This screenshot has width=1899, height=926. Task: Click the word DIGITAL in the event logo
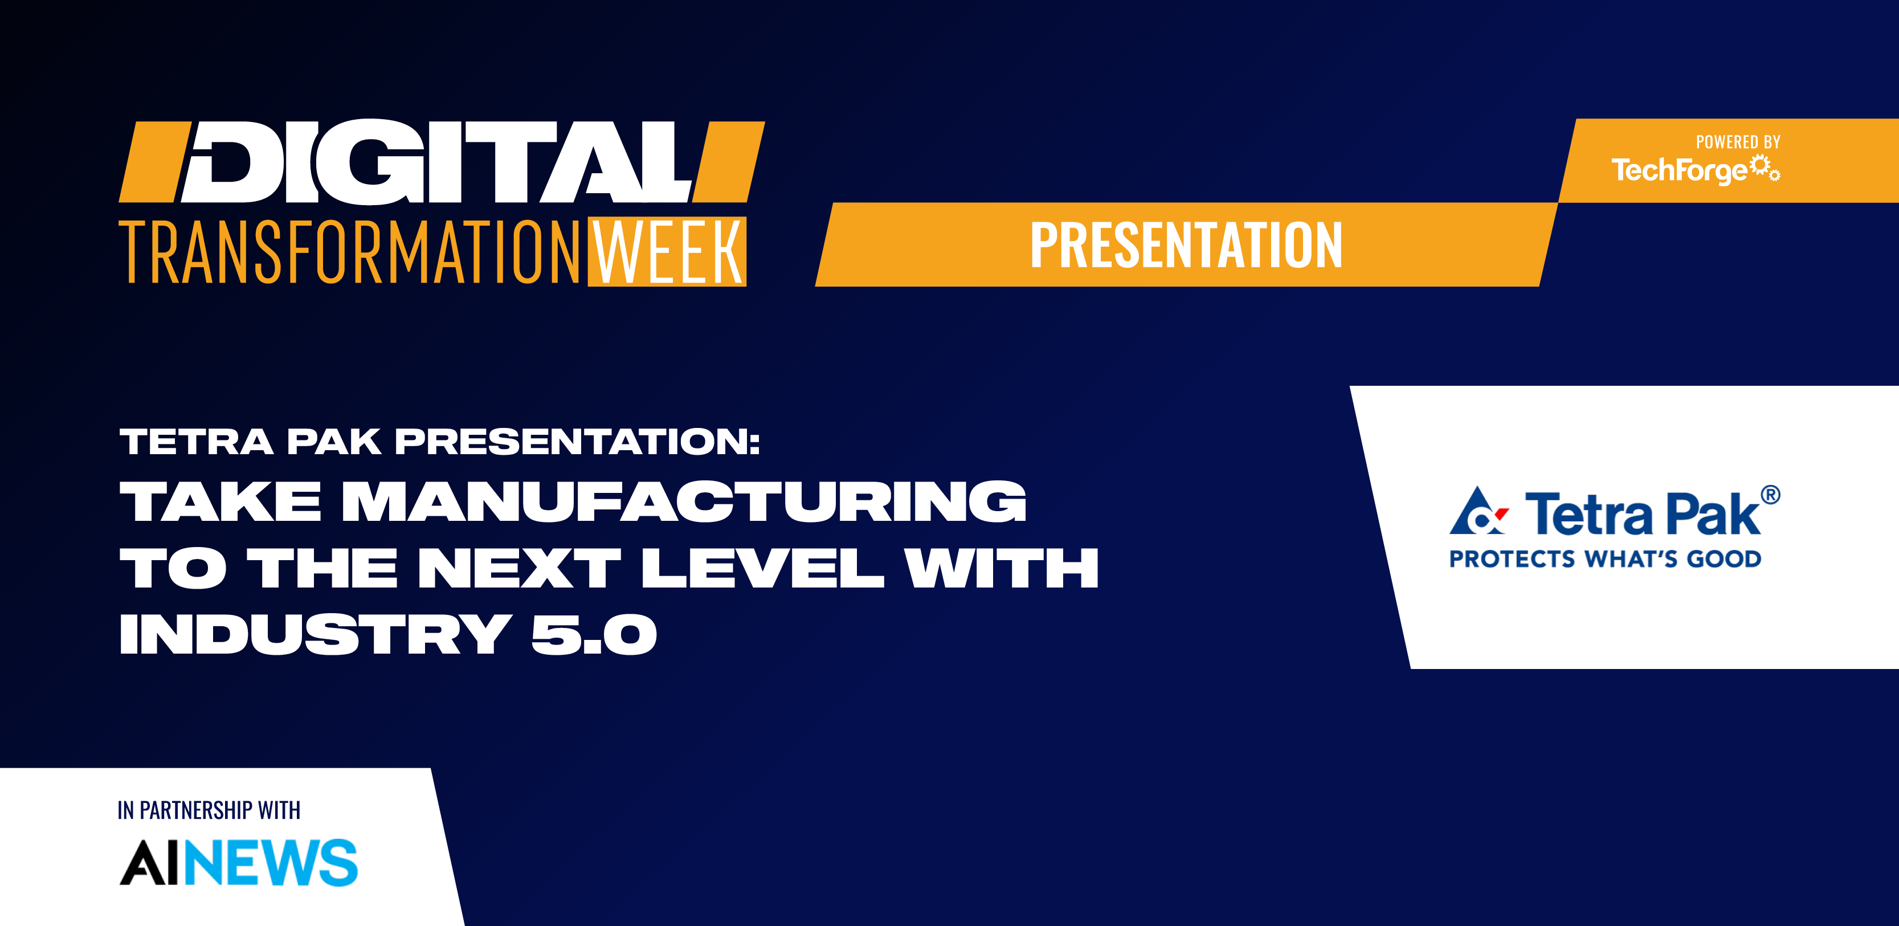coord(439,161)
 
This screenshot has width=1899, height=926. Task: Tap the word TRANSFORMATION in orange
coord(350,251)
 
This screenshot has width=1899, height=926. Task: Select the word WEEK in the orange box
coord(667,251)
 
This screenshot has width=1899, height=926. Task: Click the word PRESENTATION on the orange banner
coord(1186,245)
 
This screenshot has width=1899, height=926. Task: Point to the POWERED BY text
coord(1738,142)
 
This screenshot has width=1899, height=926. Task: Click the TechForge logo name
coord(1679,170)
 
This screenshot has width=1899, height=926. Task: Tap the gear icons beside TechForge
coord(1766,168)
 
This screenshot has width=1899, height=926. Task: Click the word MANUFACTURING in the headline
coord(684,501)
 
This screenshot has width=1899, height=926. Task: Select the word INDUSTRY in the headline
coord(316,635)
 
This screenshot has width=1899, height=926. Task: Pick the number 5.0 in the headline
coord(594,635)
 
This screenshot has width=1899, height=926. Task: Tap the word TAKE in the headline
coord(220,501)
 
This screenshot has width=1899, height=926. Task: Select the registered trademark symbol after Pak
coord(1770,495)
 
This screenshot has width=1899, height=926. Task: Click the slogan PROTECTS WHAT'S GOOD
coord(1605,559)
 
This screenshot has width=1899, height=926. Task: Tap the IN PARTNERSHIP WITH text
coord(209,810)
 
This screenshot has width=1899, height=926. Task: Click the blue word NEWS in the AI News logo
coord(271,863)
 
